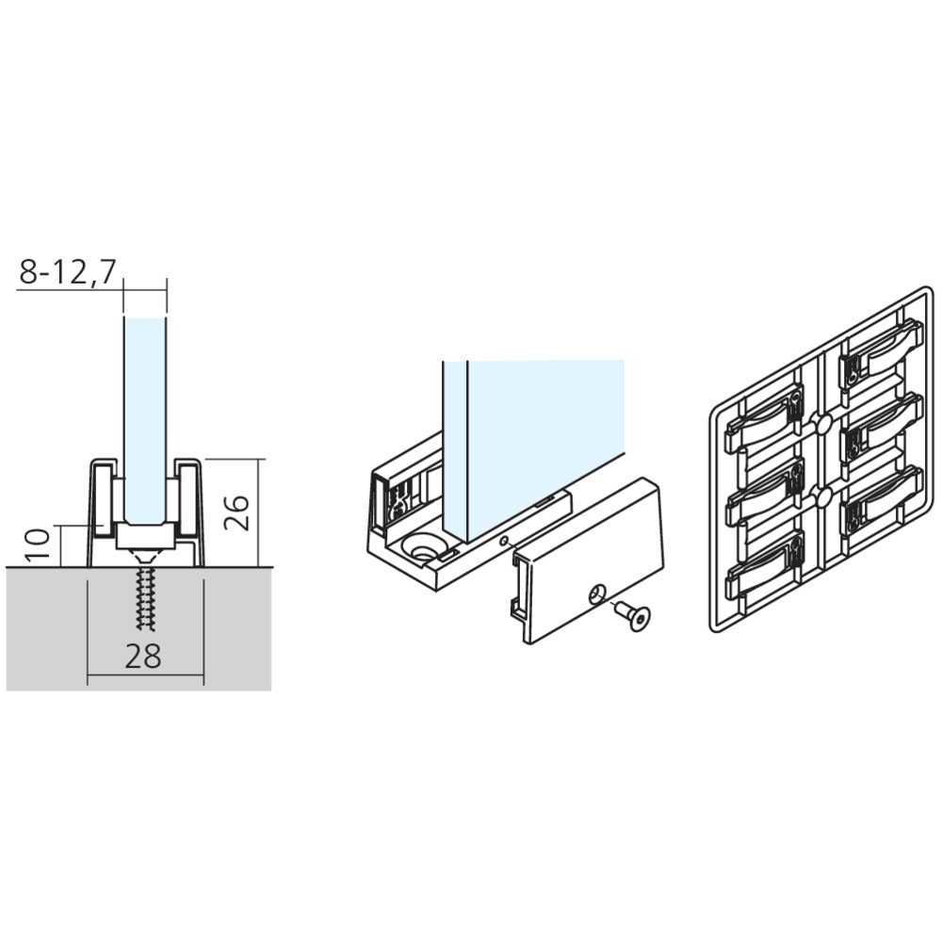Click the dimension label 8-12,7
click(x=67, y=272)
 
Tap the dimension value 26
click(x=236, y=512)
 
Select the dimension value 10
click(x=38, y=544)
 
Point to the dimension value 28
click(x=143, y=657)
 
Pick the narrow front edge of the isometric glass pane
click(x=455, y=448)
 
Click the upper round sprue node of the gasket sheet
click(x=820, y=422)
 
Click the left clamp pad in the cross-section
click(x=102, y=497)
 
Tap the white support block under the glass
click(x=146, y=536)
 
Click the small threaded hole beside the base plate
click(x=504, y=540)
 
